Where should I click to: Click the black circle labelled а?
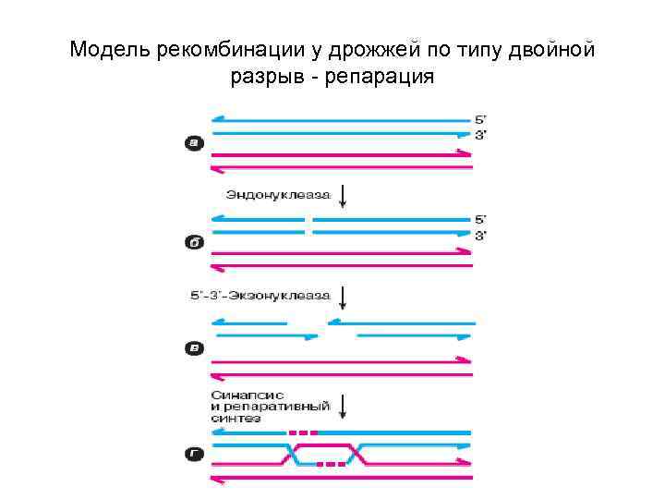[x=194, y=142]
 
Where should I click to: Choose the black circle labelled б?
[x=194, y=244]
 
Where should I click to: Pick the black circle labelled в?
[x=194, y=348]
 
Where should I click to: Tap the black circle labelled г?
[x=194, y=455]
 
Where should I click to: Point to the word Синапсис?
[x=241, y=396]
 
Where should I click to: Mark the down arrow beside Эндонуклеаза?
[x=344, y=195]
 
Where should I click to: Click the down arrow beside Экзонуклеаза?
[x=344, y=297]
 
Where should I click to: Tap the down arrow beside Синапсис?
[x=344, y=407]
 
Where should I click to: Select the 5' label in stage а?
[x=481, y=119]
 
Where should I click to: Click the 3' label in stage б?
[x=481, y=235]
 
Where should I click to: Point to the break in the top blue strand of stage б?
[x=309, y=219]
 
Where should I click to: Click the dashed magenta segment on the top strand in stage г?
[x=303, y=432]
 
